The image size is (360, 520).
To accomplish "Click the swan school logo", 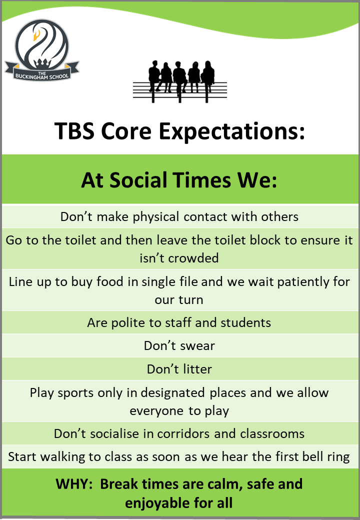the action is (x=42, y=49).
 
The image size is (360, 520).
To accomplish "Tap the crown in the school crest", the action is (x=42, y=63).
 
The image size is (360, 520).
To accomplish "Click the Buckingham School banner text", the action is (x=42, y=75).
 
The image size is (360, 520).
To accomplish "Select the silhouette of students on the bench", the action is (x=180, y=81).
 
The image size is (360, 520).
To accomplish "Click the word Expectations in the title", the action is (x=231, y=131).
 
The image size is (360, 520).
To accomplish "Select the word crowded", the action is (x=192, y=258).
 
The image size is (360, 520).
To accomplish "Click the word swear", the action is (x=197, y=346).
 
